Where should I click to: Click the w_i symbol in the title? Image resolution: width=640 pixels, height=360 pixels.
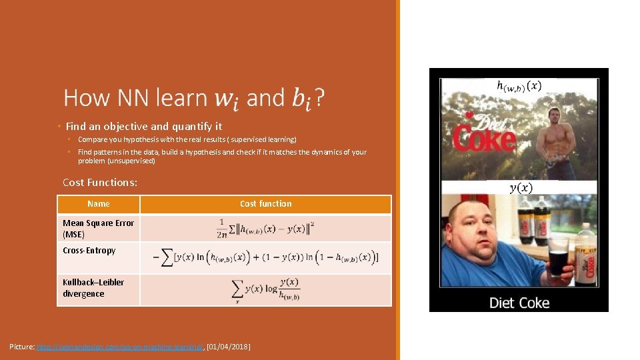(227, 99)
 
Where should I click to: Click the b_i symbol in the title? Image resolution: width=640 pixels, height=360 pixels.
(301, 99)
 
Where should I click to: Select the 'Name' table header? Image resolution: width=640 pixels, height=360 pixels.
(99, 204)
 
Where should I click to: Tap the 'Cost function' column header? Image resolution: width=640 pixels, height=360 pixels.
(265, 204)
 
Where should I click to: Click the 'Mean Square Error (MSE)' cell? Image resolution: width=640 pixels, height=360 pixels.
(98, 228)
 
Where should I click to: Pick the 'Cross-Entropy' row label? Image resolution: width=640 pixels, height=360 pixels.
(89, 251)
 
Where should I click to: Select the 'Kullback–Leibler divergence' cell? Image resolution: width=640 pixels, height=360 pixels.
(93, 288)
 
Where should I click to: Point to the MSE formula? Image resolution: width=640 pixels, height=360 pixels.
(265, 228)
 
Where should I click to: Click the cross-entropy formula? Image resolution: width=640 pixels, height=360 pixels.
(265, 257)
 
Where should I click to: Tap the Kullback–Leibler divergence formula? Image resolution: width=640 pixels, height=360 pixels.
(265, 290)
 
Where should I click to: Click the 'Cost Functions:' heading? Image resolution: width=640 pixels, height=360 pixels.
(100, 183)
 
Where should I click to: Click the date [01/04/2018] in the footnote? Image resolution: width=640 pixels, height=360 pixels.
(228, 347)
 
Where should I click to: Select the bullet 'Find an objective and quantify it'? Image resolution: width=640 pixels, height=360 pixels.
(143, 126)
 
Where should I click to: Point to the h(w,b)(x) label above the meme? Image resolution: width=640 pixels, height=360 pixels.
(519, 86)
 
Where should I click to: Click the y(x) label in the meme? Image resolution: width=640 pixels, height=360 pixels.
(521, 187)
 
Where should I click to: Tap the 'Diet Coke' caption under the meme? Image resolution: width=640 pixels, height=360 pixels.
(519, 303)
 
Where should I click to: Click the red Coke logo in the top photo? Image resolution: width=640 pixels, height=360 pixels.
(484, 137)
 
